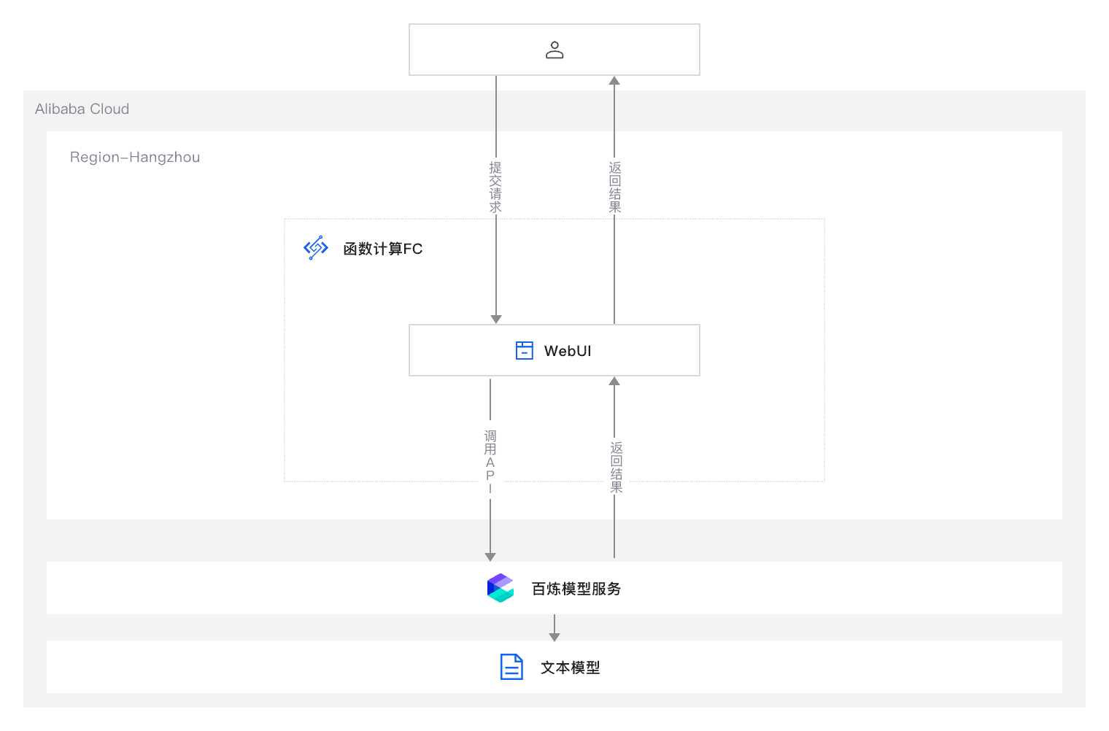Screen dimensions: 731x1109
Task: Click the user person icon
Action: pyautogui.click(x=554, y=50)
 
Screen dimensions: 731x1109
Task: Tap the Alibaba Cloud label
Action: pyautogui.click(x=82, y=109)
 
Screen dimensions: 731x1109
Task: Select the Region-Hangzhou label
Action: pyautogui.click(x=135, y=157)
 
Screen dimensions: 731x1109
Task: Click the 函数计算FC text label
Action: pyautogui.click(x=383, y=249)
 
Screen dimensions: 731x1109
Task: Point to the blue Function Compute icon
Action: pyautogui.click(x=316, y=248)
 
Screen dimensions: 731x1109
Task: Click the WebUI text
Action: pyautogui.click(x=568, y=351)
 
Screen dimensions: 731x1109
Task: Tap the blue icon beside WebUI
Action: pyautogui.click(x=525, y=350)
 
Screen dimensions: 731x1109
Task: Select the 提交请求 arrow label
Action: pyautogui.click(x=495, y=187)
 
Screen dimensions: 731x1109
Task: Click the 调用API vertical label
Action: pyautogui.click(x=490, y=462)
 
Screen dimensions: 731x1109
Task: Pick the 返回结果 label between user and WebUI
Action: pyautogui.click(x=615, y=187)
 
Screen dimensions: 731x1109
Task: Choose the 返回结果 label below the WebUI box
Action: pyautogui.click(x=617, y=467)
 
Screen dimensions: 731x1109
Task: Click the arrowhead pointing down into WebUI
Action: pyautogui.click(x=496, y=319)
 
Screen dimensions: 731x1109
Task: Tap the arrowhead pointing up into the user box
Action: pyautogui.click(x=614, y=81)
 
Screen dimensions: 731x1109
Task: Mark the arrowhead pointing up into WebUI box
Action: pyautogui.click(x=614, y=382)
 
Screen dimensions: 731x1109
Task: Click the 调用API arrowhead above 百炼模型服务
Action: pyautogui.click(x=490, y=557)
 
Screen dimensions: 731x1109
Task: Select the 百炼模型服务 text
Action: pyautogui.click(x=576, y=589)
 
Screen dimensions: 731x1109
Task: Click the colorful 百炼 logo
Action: pyautogui.click(x=501, y=588)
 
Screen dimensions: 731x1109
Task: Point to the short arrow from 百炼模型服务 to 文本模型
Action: pyautogui.click(x=554, y=628)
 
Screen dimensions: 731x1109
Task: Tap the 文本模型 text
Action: pyautogui.click(x=571, y=668)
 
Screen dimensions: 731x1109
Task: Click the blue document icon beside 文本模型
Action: pyautogui.click(x=511, y=667)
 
